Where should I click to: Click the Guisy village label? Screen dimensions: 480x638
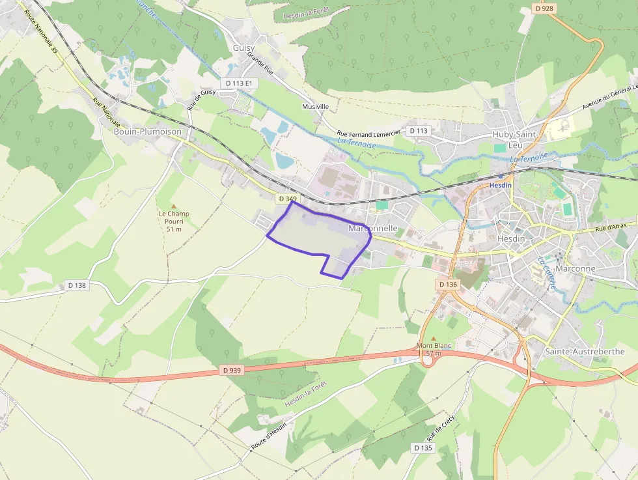click(244, 48)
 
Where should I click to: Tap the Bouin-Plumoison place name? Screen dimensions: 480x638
click(147, 131)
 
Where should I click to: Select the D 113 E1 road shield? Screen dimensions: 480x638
click(240, 83)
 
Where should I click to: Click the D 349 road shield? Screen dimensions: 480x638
click(286, 198)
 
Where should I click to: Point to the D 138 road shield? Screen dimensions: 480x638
click(76, 285)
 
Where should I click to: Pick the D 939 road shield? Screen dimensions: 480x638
click(231, 370)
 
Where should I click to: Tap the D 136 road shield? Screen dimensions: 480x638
click(448, 285)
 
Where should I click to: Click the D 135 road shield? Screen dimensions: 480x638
click(423, 448)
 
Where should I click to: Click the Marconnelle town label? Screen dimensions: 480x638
click(373, 229)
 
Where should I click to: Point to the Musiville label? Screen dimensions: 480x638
click(316, 106)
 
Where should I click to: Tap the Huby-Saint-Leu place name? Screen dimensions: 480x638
click(516, 140)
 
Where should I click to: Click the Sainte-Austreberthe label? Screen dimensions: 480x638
click(584, 351)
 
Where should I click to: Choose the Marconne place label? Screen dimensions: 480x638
click(576, 268)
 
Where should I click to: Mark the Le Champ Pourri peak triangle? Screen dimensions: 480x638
click(174, 206)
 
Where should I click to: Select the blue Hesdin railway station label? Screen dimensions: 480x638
click(501, 184)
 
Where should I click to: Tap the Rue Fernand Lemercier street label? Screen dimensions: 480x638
click(368, 133)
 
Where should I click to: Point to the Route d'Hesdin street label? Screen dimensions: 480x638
click(269, 438)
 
